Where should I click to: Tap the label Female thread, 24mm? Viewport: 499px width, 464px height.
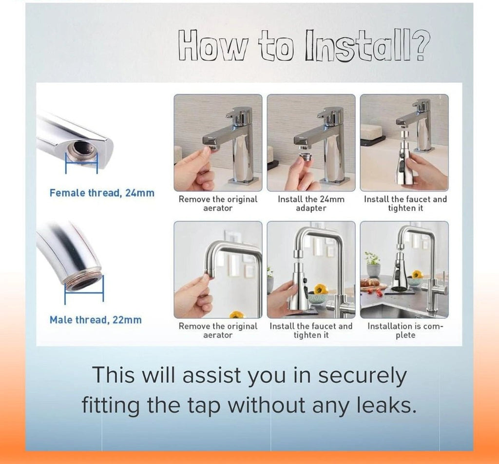[x=102, y=193]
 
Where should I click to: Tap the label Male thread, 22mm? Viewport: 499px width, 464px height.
[x=96, y=320]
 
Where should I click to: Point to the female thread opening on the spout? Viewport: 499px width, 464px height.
[x=80, y=152]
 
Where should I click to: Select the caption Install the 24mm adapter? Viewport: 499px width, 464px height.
[x=311, y=204]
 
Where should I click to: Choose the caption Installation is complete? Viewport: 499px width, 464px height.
[x=405, y=330]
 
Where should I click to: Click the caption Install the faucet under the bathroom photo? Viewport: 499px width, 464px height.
[x=405, y=204]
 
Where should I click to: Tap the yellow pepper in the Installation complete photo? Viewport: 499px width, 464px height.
[x=418, y=275]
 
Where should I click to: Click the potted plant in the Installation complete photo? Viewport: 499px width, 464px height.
[x=373, y=264]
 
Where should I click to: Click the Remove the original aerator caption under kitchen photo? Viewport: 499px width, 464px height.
[x=218, y=330]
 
